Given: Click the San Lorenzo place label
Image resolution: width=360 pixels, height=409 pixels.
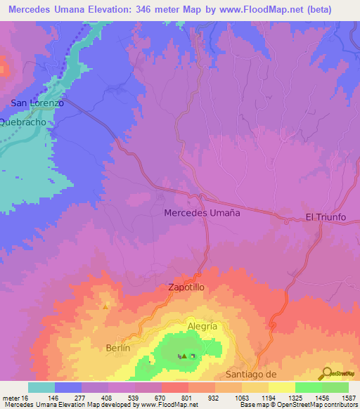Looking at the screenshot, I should tap(37, 103).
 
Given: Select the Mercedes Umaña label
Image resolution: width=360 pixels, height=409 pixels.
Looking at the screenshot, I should tap(202, 212).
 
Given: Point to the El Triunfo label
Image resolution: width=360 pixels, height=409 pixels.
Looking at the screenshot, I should tap(326, 217).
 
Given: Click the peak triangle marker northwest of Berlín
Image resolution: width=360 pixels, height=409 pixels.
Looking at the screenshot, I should tap(105, 306).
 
